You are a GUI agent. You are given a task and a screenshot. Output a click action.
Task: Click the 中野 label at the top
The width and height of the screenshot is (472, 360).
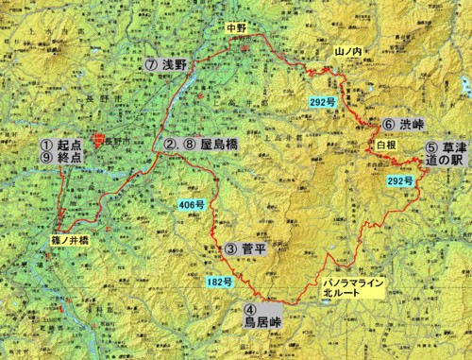(x=236, y=28)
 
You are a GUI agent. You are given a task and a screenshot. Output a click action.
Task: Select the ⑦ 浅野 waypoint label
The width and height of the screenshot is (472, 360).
(x=172, y=65)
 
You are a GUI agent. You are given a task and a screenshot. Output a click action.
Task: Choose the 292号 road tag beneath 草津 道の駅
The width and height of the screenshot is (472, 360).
(x=400, y=180)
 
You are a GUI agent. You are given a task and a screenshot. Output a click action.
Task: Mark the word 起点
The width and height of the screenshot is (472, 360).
(x=72, y=146)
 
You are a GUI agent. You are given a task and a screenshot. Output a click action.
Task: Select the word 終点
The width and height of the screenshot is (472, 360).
(x=72, y=161)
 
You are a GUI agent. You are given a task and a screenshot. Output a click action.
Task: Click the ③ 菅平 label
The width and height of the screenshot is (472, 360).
(x=249, y=249)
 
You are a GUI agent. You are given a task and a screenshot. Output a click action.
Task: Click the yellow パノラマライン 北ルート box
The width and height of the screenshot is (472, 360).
(x=348, y=287)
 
